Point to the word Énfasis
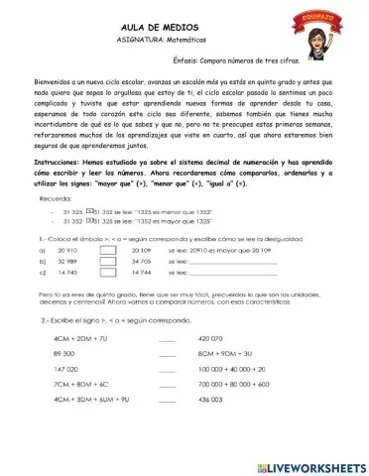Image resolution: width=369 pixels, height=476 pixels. [191, 61]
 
